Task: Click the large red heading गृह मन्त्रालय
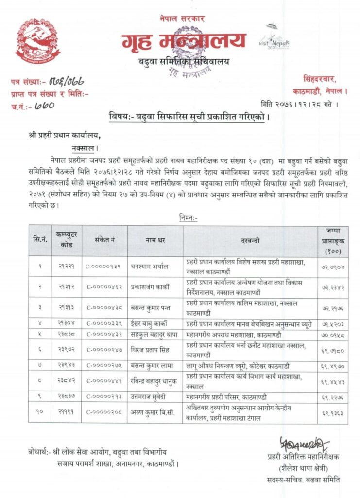[x=184, y=41]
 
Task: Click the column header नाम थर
[x=155, y=240]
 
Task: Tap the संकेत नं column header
[x=104, y=240]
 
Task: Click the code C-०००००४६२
[x=104, y=287]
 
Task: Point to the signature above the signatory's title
[x=304, y=444]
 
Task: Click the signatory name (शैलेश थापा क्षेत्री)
[x=304, y=468]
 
